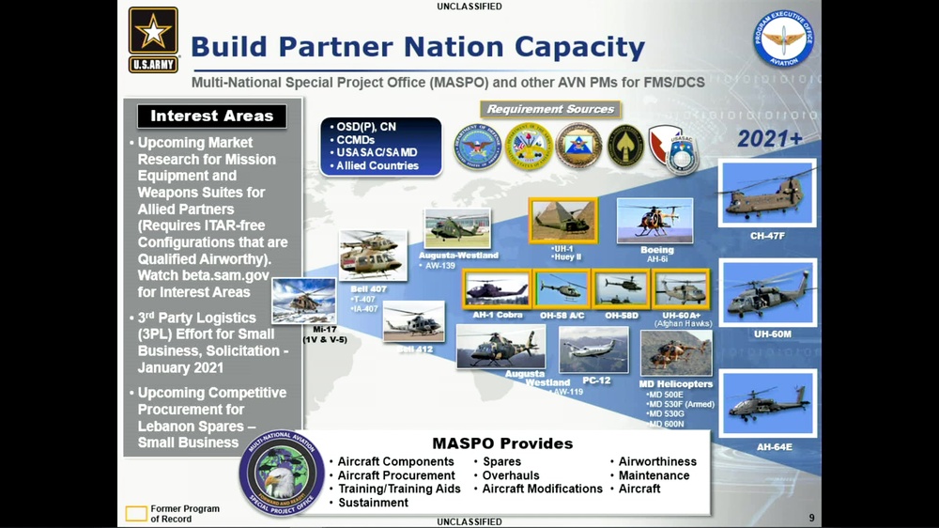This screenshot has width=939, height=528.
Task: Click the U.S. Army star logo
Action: click(153, 39)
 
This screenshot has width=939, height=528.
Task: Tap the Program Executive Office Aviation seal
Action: click(782, 39)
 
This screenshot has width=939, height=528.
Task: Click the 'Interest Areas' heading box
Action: click(211, 116)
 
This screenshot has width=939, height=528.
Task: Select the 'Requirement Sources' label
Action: click(550, 109)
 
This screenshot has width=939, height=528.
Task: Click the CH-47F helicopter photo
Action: click(766, 193)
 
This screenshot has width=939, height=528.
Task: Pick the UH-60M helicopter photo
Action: click(766, 291)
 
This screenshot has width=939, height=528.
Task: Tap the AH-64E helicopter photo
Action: click(766, 403)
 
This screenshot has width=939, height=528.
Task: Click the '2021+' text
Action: click(769, 139)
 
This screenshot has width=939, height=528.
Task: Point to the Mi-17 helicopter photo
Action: click(303, 301)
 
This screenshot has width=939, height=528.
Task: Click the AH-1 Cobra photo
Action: click(497, 288)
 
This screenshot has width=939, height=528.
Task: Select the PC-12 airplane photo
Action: click(593, 349)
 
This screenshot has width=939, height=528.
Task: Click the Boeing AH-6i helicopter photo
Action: click(654, 220)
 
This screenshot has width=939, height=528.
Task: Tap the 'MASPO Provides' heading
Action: click(502, 443)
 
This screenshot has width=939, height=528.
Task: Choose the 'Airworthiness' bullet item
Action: click(657, 461)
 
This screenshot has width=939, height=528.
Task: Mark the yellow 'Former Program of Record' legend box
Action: click(136, 514)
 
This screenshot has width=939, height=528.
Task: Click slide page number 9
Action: click(811, 518)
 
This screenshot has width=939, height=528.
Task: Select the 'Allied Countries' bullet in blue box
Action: click(377, 165)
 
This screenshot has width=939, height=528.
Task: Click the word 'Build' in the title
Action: click(228, 47)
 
